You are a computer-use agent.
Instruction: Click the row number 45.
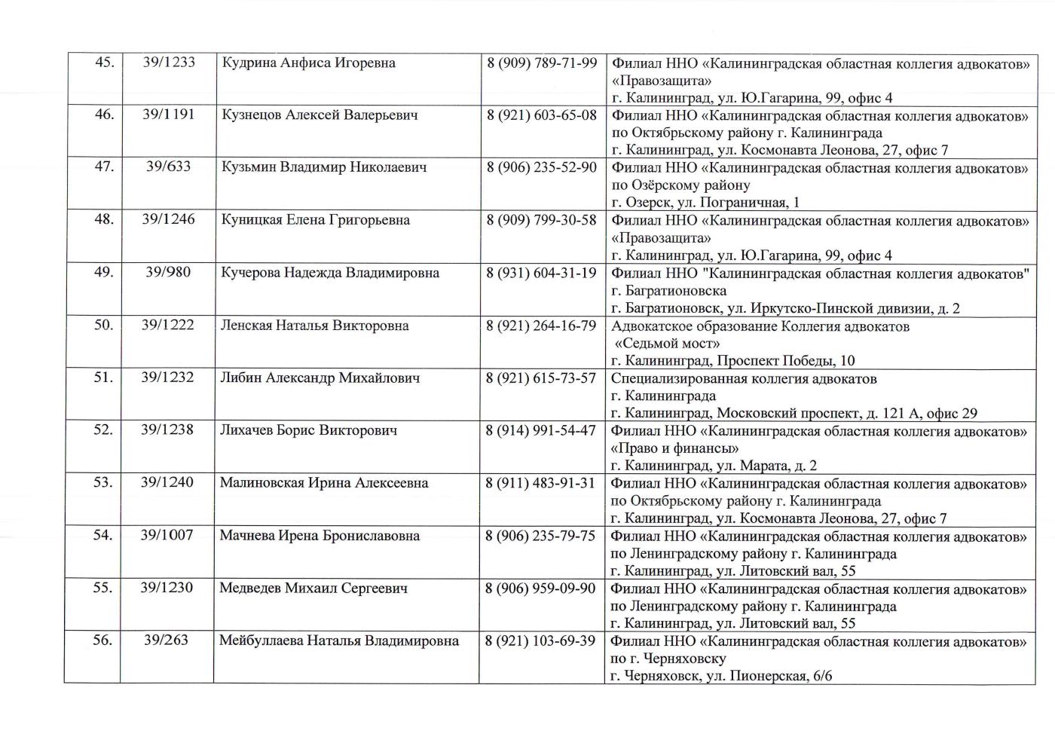(104, 63)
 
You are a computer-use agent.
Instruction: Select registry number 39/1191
(168, 115)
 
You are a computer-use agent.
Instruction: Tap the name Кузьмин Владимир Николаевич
(324, 167)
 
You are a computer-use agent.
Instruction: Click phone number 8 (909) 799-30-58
(541, 220)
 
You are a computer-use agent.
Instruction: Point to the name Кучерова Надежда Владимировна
(330, 273)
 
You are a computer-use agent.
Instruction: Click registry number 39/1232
(167, 378)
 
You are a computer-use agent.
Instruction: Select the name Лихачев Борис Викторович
(308, 430)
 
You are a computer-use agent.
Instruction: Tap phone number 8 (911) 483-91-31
(540, 483)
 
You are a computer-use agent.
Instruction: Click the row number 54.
(102, 535)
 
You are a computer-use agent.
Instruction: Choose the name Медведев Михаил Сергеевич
(313, 588)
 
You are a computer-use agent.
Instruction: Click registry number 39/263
(167, 641)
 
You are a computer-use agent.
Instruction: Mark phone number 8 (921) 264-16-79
(541, 326)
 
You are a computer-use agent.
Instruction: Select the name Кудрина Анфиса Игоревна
(309, 63)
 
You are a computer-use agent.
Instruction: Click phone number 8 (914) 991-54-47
(540, 430)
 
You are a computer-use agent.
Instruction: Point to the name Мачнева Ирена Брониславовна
(320, 536)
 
